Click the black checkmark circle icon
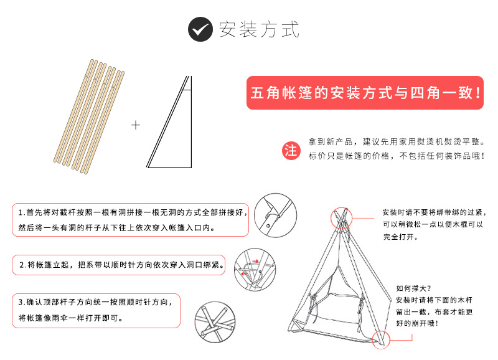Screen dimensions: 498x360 200,29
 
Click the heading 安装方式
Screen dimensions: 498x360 259,29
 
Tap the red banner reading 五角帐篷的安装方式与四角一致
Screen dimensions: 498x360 365,93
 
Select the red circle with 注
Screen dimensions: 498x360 291,150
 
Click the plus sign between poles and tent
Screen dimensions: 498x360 136,125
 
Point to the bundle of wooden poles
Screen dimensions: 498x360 89,116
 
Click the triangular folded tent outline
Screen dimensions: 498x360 169,122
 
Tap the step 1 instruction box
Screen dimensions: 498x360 130,220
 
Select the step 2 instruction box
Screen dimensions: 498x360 118,265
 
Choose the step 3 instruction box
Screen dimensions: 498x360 96,310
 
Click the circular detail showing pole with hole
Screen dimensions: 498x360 275,216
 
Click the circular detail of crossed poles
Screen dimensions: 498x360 215,322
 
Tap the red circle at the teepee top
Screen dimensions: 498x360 341,218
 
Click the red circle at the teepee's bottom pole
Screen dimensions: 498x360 381,339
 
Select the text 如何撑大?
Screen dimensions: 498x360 413,288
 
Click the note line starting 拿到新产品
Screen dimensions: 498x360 397,142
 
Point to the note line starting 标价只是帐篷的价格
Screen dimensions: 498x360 397,156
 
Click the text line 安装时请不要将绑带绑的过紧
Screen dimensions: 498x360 434,212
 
